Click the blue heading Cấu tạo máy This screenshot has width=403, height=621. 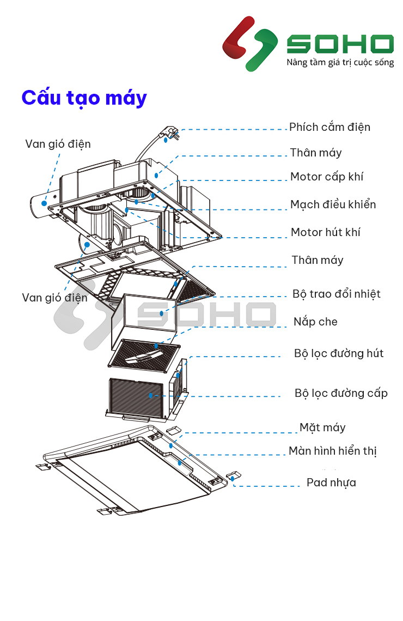[x=84, y=98]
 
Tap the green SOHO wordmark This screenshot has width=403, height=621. [x=340, y=44]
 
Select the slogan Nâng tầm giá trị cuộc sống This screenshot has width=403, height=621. [x=340, y=63]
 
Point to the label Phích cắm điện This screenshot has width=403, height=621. [x=329, y=127]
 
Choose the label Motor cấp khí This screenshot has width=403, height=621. [x=326, y=177]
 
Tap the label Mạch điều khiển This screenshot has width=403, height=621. [x=333, y=204]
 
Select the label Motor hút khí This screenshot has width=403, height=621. [x=325, y=232]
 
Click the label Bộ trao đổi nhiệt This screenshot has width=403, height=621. [x=336, y=294]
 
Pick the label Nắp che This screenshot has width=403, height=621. [x=315, y=322]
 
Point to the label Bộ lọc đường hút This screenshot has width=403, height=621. [x=338, y=353]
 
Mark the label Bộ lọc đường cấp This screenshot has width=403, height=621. [x=341, y=393]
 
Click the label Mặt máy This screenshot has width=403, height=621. [x=322, y=427]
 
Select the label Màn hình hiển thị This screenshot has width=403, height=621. [x=332, y=451]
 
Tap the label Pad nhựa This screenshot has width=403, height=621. [x=331, y=483]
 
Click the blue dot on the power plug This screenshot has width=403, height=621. [x=165, y=140]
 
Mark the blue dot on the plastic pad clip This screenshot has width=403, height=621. [x=233, y=478]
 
